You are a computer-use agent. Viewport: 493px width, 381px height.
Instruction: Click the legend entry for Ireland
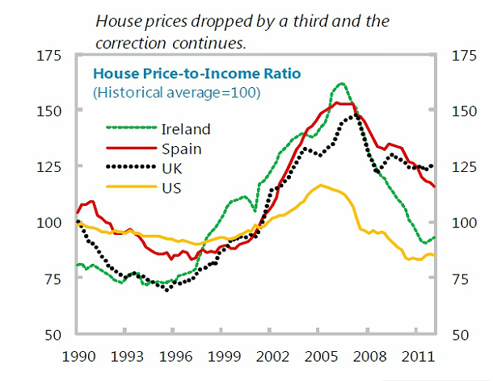186,129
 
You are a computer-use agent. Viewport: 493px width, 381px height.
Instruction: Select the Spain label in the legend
181,149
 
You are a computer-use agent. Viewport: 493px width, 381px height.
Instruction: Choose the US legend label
171,188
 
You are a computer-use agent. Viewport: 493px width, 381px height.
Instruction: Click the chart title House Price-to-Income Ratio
198,73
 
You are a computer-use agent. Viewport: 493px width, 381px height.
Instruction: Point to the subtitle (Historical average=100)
177,92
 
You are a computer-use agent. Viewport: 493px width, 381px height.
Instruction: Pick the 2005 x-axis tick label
319,356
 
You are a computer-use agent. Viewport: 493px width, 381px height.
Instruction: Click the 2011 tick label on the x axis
416,356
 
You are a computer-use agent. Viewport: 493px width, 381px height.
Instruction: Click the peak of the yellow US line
321,185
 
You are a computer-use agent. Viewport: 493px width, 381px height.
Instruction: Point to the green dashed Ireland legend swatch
131,129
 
